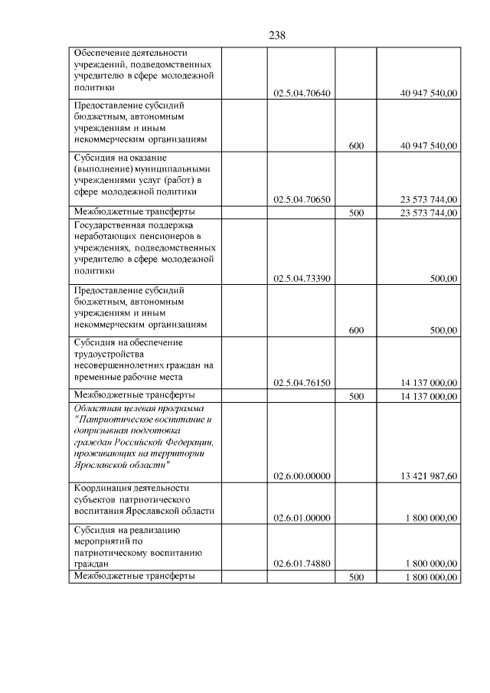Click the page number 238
click(277, 35)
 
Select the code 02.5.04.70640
click(302, 93)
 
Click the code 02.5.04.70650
click(302, 199)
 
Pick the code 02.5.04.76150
click(302, 383)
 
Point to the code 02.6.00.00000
click(302, 476)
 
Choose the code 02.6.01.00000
click(302, 518)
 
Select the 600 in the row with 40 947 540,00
click(356, 145)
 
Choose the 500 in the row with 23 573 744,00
click(356, 213)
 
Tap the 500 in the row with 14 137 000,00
click(356, 397)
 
